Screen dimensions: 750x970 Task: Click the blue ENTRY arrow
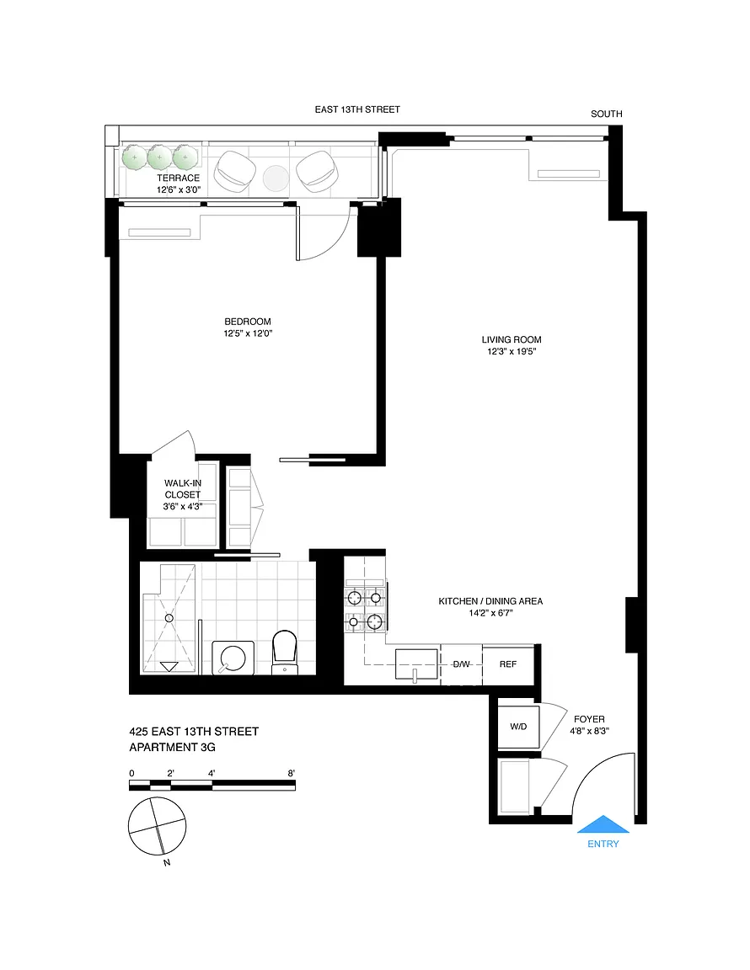click(603, 824)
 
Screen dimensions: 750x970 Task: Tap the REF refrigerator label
click(508, 664)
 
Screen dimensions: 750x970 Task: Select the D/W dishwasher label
click(462, 664)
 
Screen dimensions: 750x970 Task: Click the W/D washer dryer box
click(518, 727)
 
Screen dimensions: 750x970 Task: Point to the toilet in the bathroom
click(285, 653)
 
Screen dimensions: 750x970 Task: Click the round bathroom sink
click(233, 658)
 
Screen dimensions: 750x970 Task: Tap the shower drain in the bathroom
click(169, 617)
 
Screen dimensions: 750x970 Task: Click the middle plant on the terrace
click(159, 157)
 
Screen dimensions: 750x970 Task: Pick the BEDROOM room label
click(248, 322)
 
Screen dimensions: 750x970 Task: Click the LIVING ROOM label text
click(512, 339)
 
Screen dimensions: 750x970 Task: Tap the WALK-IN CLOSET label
click(183, 488)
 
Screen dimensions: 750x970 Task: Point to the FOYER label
click(589, 719)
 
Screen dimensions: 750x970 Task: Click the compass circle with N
click(158, 826)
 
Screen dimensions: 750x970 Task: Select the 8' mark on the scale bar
click(291, 773)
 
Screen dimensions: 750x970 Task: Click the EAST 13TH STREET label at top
click(357, 109)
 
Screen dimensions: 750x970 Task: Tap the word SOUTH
click(606, 114)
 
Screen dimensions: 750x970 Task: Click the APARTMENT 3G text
click(172, 748)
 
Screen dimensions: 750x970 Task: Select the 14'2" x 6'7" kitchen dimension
click(491, 613)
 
